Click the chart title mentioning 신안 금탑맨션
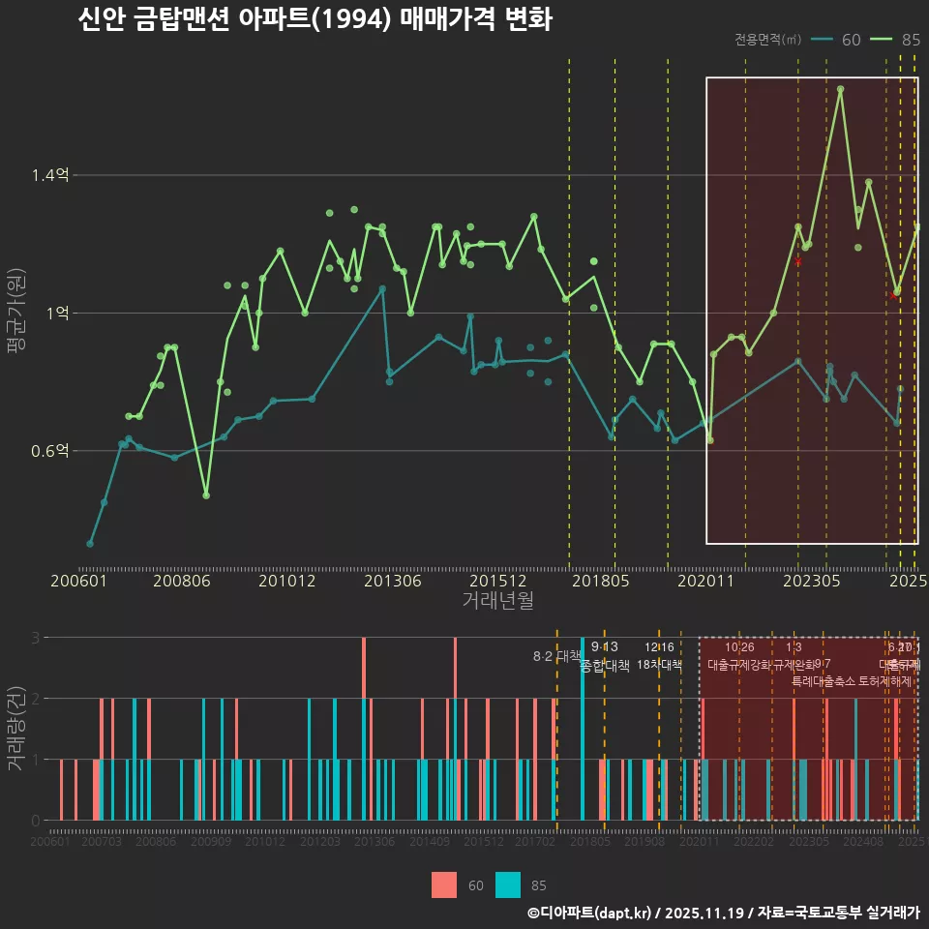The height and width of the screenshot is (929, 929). [315, 19]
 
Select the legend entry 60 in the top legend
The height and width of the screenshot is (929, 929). [851, 40]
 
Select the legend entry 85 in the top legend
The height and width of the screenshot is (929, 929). [910, 40]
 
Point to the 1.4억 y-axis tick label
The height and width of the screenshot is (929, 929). [49, 175]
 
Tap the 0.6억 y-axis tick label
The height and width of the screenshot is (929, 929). [49, 451]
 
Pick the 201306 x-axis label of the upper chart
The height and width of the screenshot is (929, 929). [392, 581]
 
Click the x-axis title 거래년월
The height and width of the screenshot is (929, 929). [497, 600]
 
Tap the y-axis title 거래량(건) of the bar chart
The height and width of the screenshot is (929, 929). [15, 728]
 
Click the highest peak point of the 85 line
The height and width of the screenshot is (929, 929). [840, 89]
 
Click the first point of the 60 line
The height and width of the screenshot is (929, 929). [90, 544]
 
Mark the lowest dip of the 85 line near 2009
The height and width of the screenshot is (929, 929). [206, 495]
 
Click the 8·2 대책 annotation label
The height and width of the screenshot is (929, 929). [556, 656]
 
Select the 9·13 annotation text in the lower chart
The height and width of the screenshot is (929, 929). [604, 646]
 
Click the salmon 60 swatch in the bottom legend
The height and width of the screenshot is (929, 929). [444, 884]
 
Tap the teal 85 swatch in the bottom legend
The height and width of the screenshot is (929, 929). [507, 884]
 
